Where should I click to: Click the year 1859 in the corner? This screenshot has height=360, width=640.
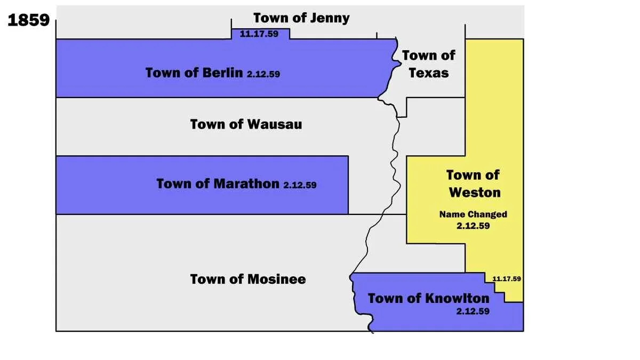(x=29, y=20)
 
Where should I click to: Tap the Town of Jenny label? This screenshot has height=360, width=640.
(x=301, y=18)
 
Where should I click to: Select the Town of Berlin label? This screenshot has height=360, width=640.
(x=194, y=73)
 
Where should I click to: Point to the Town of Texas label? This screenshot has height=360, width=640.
(x=429, y=63)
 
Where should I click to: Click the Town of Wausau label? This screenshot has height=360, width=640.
(x=246, y=124)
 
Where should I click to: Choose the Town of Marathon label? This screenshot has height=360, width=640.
(x=218, y=184)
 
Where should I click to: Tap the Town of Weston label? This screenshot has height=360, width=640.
(x=473, y=183)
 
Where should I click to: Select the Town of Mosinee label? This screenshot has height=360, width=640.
(x=248, y=279)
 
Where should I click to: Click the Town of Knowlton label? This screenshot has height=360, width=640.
(x=428, y=298)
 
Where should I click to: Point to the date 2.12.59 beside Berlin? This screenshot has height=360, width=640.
(x=263, y=75)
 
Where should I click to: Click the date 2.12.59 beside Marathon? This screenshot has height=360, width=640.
(x=300, y=186)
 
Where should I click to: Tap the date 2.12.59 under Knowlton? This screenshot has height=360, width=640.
(x=473, y=311)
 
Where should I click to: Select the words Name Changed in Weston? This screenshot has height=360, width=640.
(x=473, y=214)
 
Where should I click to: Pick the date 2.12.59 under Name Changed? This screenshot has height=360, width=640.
(x=473, y=226)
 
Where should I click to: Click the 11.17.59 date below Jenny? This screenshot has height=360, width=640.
(x=260, y=34)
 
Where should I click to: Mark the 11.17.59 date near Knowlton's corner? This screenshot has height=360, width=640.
(x=507, y=278)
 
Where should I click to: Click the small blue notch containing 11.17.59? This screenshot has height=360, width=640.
(x=260, y=33)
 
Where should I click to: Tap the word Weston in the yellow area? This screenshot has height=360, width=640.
(x=475, y=191)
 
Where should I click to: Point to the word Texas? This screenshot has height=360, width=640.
(x=429, y=73)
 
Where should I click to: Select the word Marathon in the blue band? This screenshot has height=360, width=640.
(x=246, y=184)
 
